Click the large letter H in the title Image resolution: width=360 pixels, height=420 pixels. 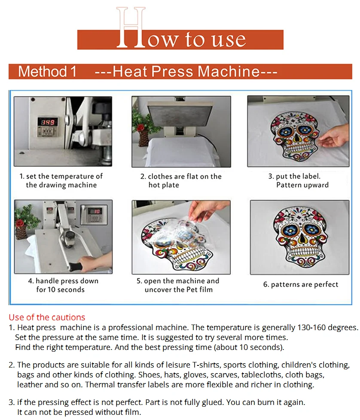pyautogui.click(x=131, y=28)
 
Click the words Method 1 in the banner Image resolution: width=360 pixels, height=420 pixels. pyautogui.click(x=47, y=71)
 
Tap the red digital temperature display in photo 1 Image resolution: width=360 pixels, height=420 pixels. pyautogui.click(x=48, y=122)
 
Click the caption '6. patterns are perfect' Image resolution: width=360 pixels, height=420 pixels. pyautogui.click(x=301, y=285)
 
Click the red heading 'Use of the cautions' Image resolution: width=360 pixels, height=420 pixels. pyautogui.click(x=47, y=317)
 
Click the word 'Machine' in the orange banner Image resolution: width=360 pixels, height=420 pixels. pyautogui.click(x=229, y=71)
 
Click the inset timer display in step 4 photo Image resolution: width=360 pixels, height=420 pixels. pyautogui.click(x=94, y=214)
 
